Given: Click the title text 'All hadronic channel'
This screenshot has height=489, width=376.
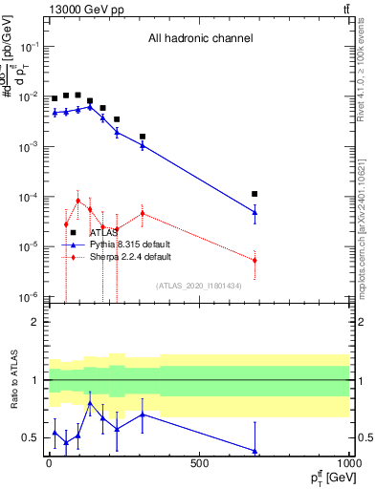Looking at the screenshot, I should tap(199, 39).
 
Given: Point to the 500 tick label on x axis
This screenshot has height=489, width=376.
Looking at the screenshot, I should tap(198, 463).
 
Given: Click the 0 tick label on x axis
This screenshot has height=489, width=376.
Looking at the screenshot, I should tap(49, 463).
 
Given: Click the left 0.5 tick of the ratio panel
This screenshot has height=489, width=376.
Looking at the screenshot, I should tap(31, 438).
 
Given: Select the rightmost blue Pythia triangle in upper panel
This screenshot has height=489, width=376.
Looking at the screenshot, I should tap(254, 212).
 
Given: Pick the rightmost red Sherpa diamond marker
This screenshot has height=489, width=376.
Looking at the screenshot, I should tap(254, 260).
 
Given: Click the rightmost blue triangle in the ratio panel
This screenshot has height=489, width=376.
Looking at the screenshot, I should tap(254, 451).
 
